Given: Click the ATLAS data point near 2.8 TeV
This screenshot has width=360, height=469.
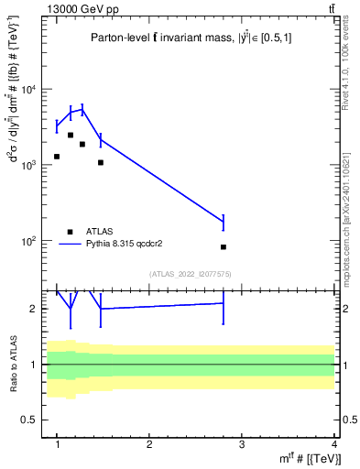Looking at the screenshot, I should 224,247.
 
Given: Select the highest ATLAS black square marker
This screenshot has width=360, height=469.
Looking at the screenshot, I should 71,135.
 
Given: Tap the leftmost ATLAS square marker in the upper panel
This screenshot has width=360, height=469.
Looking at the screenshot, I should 57,157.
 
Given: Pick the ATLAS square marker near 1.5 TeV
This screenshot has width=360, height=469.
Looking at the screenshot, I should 101,163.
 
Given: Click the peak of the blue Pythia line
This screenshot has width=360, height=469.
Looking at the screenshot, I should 82,110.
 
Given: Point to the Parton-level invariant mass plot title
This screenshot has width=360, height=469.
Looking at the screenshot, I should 193,38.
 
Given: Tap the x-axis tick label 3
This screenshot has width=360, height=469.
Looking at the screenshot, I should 242,444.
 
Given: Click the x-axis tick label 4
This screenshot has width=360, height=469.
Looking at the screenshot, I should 334,444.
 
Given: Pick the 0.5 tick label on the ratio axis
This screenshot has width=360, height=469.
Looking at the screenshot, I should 32,420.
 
